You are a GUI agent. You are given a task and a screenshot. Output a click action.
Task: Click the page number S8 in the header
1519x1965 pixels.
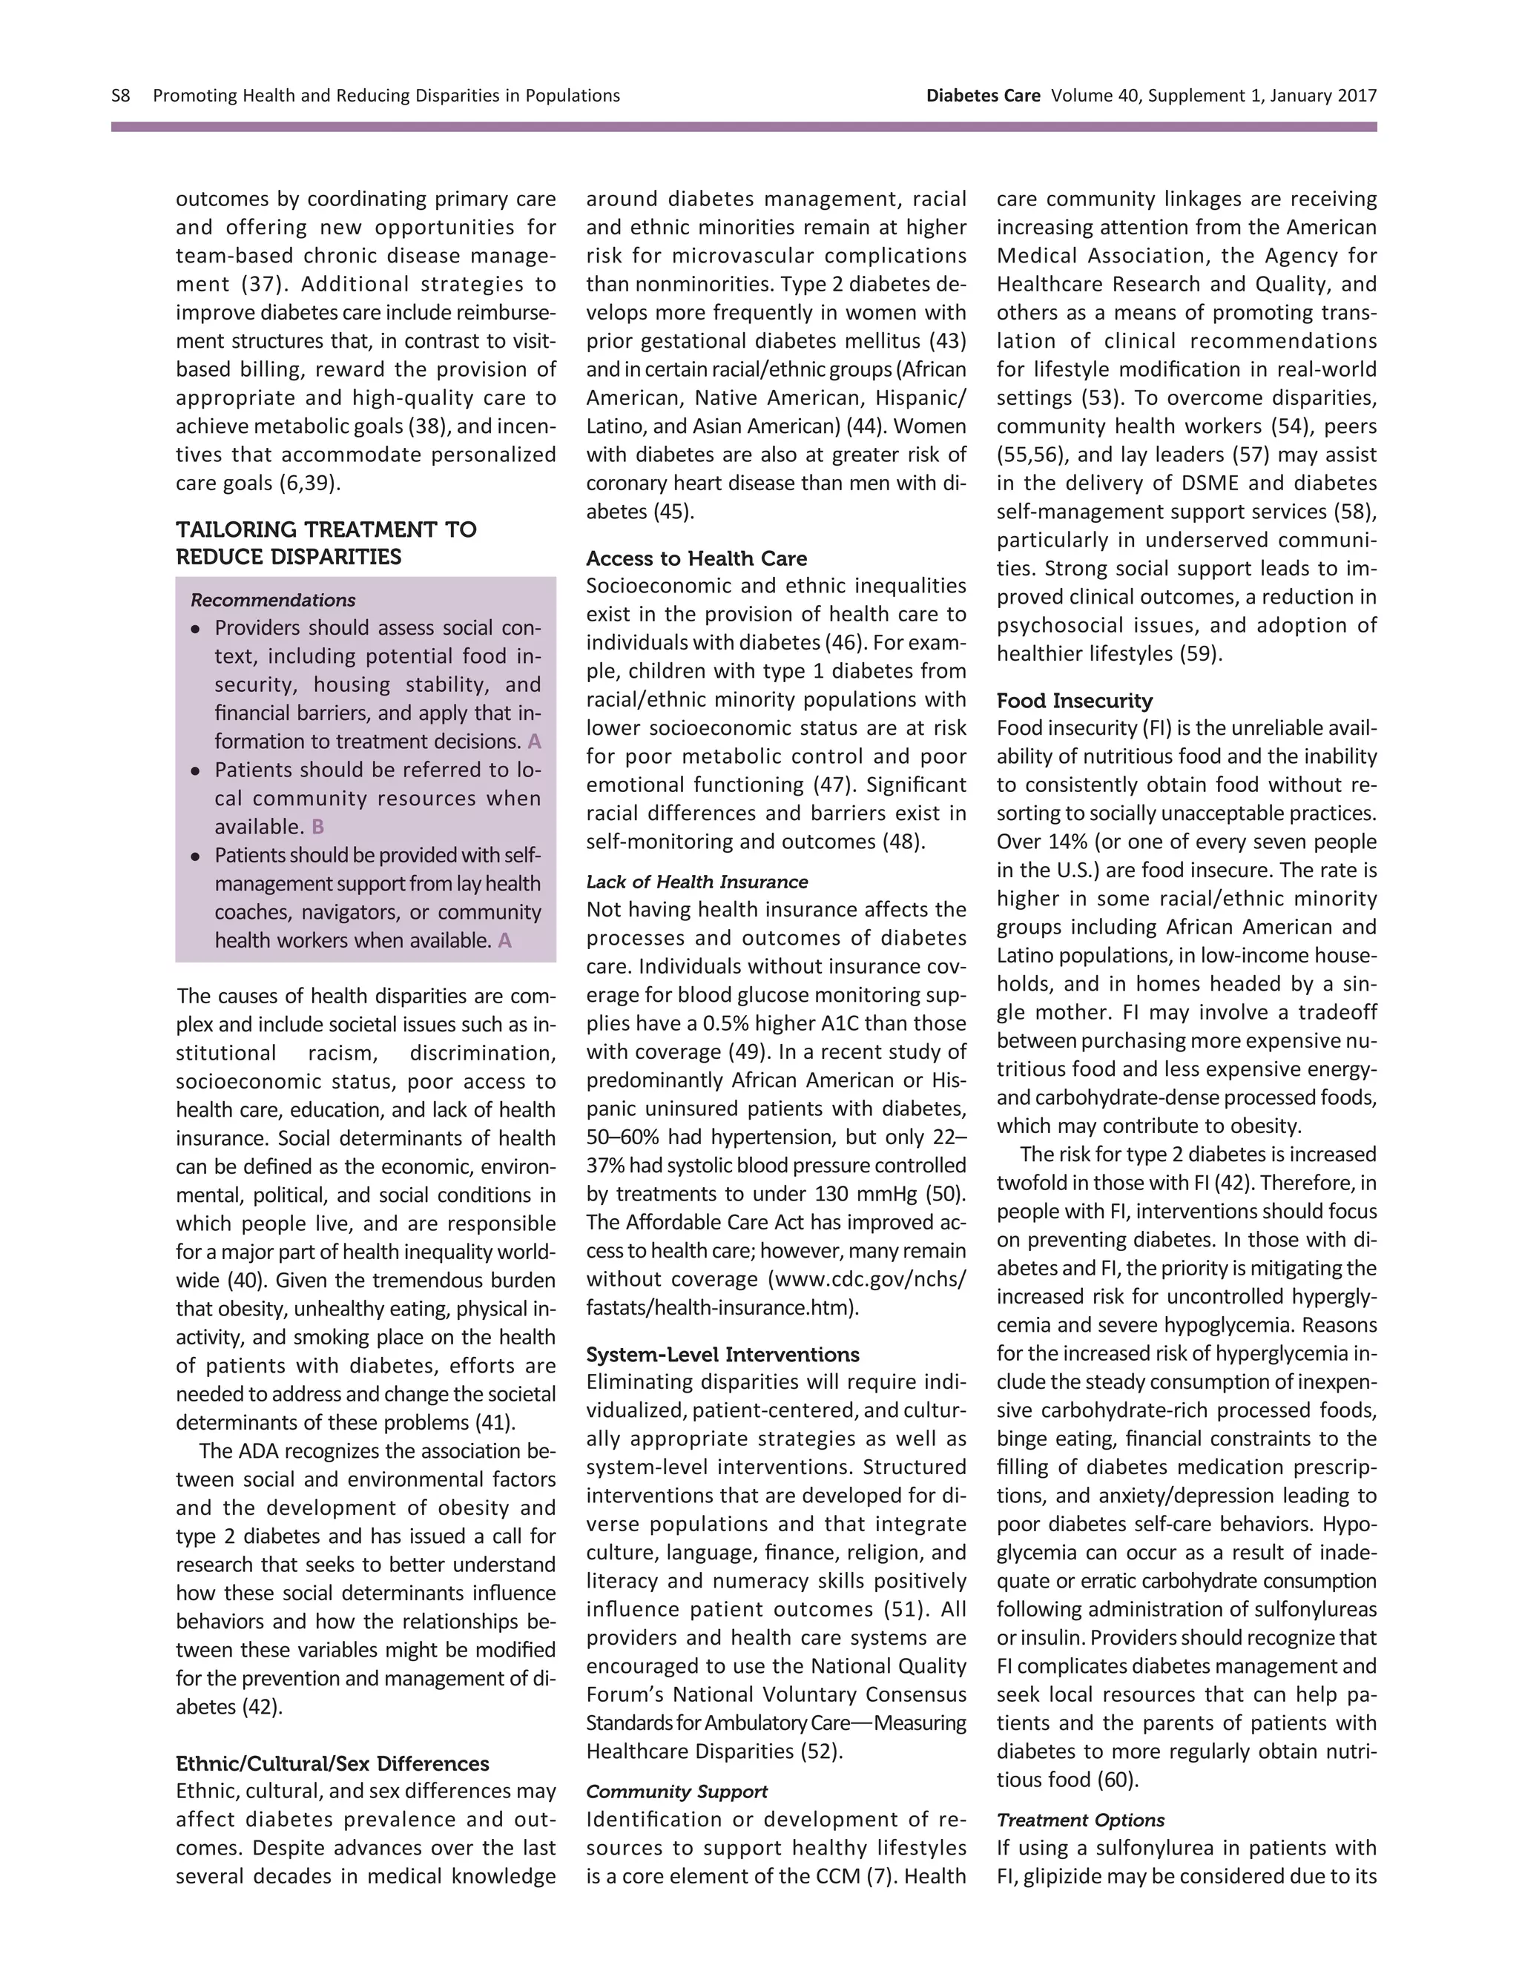coord(121,96)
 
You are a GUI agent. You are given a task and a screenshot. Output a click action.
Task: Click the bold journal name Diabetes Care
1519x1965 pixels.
coord(983,96)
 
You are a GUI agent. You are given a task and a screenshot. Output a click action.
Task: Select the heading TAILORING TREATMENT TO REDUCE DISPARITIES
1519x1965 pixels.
coord(326,543)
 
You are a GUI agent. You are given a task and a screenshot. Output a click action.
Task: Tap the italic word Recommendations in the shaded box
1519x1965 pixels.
coord(273,600)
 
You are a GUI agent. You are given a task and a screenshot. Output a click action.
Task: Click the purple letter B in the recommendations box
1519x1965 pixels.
coord(317,827)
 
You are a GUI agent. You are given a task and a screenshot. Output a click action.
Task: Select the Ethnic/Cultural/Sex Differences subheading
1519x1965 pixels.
coord(332,1763)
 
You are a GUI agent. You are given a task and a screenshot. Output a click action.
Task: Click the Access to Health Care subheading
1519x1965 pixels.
coord(696,558)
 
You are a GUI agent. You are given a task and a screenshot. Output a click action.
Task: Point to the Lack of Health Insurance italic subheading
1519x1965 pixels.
coord(696,882)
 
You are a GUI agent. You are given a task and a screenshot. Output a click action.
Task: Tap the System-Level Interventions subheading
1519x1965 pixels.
coord(722,1354)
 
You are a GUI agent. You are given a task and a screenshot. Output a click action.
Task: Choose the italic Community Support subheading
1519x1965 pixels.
coord(676,1791)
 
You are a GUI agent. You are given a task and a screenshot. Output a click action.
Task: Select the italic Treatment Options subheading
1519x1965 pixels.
coord(1080,1820)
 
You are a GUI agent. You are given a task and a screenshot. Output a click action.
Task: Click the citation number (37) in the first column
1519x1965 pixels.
coord(261,284)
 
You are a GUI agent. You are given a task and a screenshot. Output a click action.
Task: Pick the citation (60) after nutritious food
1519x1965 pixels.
coord(1118,1780)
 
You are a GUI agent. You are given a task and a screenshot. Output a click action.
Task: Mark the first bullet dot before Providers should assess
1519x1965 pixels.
coord(195,629)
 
